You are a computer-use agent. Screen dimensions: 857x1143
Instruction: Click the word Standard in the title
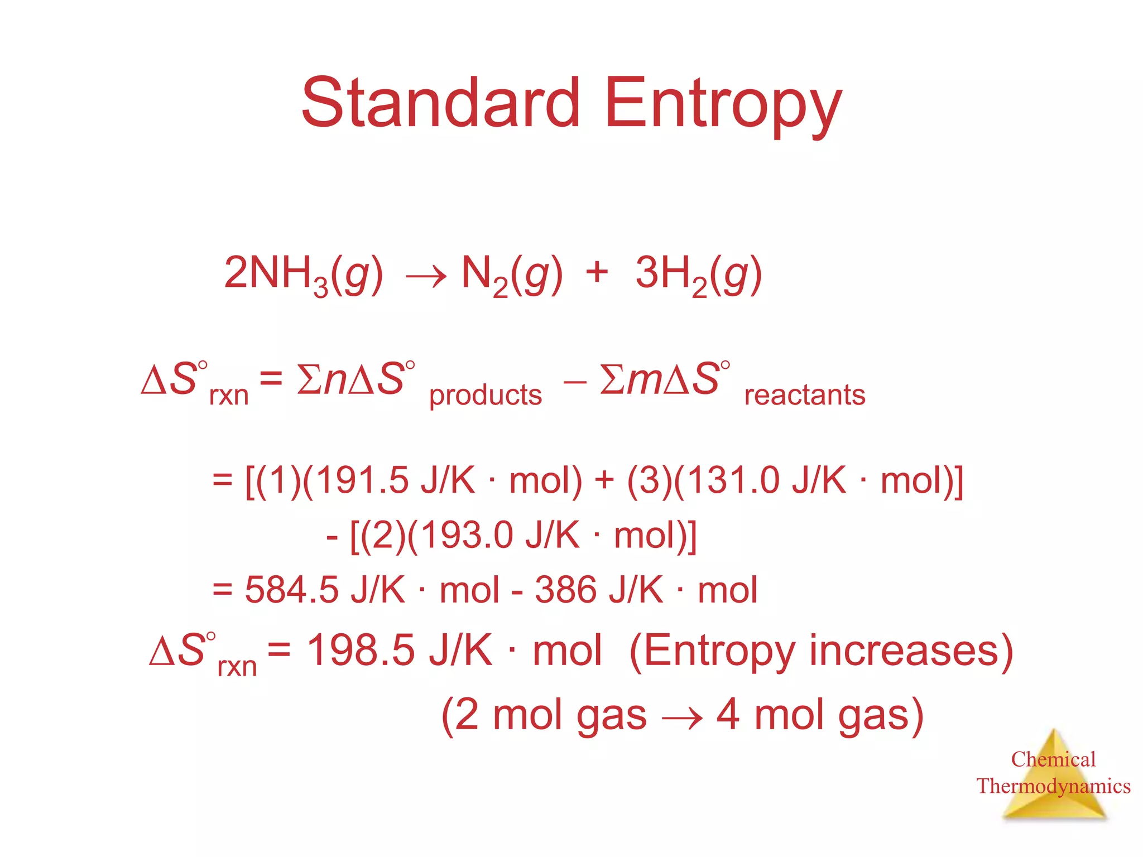[441, 103]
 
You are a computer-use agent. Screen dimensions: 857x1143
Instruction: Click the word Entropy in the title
[723, 106]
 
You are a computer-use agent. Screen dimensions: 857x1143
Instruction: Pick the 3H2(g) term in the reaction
[698, 275]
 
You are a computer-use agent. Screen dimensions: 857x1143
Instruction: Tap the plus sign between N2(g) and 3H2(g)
[597, 272]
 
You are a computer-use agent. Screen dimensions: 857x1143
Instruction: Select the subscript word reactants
[805, 394]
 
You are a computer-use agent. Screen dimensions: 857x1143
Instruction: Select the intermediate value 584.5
[291, 590]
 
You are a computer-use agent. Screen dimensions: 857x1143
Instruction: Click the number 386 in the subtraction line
[565, 590]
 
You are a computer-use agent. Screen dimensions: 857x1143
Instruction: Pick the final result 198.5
[361, 651]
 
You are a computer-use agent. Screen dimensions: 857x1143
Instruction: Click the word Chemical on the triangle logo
[1053, 759]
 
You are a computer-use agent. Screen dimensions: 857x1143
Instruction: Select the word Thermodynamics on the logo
[1053, 786]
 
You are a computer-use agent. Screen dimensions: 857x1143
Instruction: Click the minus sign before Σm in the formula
[575, 382]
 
